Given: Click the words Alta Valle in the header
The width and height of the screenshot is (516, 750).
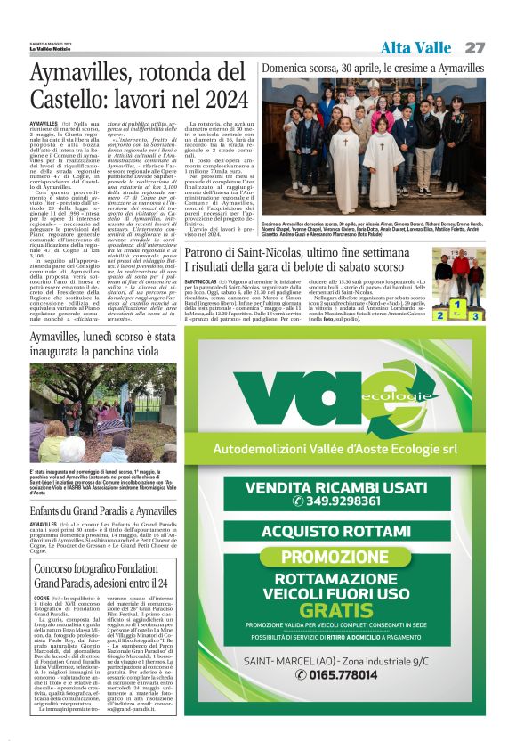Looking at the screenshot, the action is tap(415, 47).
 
